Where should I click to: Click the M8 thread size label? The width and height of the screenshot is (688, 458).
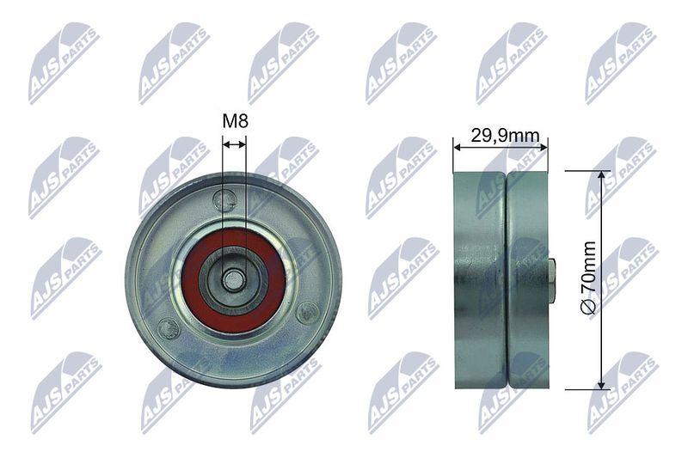[x=236, y=121]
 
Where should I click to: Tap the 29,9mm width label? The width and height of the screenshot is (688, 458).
[x=505, y=136]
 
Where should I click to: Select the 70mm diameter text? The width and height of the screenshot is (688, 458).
[x=588, y=267]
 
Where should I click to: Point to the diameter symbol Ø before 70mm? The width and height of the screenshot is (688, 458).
[x=588, y=306]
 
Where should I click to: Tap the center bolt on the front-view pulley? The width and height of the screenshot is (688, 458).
[x=232, y=279]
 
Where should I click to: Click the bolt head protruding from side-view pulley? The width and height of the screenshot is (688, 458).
[x=553, y=281]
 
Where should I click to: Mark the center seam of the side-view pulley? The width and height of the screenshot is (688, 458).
[x=507, y=279]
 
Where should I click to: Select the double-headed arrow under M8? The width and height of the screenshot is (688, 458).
[x=234, y=144]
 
